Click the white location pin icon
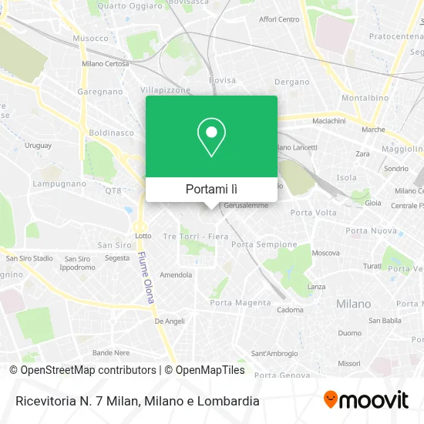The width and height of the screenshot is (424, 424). click(x=211, y=137)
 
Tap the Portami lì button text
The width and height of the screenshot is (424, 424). click(x=211, y=189)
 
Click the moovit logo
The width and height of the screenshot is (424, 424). click(x=366, y=399)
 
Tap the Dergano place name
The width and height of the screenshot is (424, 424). click(x=292, y=82)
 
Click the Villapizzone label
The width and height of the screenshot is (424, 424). click(x=164, y=89)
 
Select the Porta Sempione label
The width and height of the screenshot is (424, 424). click(x=264, y=244)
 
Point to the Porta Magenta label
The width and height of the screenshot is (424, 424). click(x=241, y=303)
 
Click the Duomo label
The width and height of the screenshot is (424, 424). click(x=349, y=334)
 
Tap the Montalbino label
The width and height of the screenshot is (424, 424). click(x=364, y=98)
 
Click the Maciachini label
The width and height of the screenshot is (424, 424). click(x=328, y=121)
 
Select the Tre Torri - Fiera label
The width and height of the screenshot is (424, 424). click(x=196, y=236)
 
